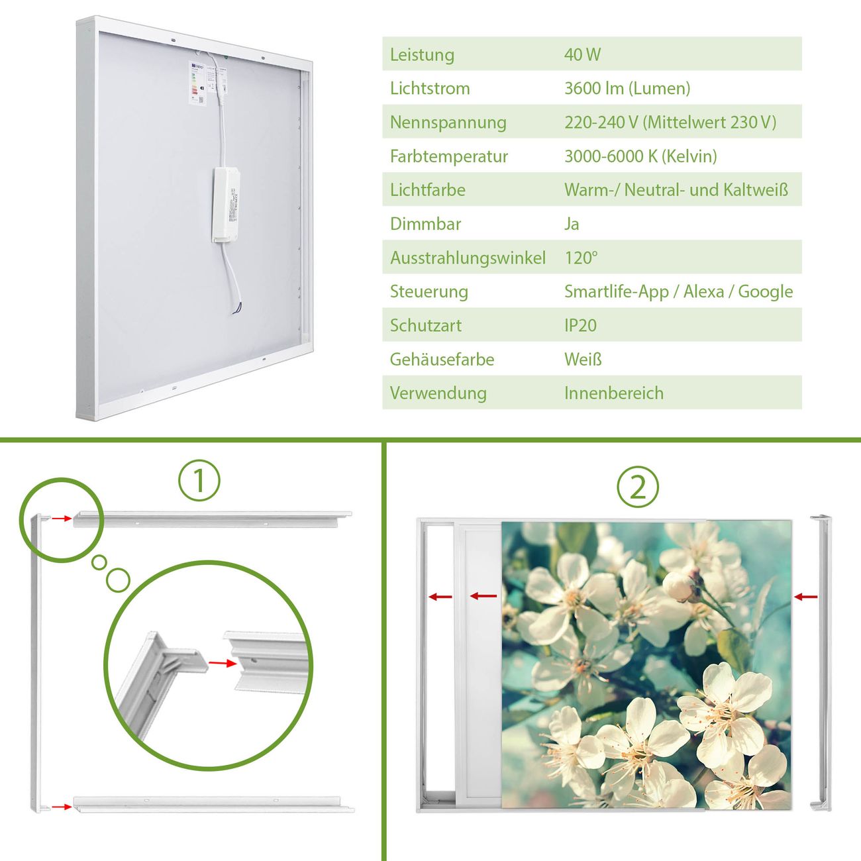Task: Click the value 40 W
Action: [582, 54]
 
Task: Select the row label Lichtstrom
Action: [430, 88]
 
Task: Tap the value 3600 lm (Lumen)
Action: [627, 88]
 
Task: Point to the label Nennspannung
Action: [448, 123]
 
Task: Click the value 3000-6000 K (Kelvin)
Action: [640, 156]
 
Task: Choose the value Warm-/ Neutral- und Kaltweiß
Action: [676, 190]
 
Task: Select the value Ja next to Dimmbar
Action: [572, 224]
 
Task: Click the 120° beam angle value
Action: [581, 258]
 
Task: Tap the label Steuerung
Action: [429, 292]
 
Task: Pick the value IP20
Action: [580, 325]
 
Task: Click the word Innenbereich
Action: [614, 393]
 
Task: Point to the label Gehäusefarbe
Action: [442, 359]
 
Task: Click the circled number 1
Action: [199, 481]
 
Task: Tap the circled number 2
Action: [638, 487]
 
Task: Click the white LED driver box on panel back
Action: [226, 205]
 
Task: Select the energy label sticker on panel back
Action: [197, 83]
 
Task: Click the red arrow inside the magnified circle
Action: [223, 664]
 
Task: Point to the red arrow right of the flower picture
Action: [805, 597]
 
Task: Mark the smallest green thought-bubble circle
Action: [99, 562]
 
